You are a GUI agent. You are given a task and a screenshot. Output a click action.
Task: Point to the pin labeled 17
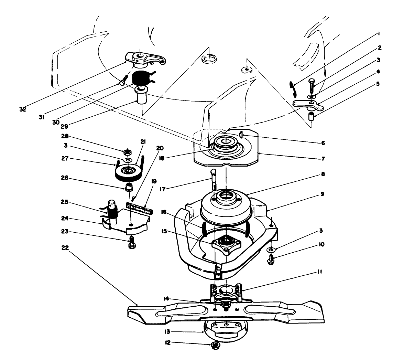[213, 179]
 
